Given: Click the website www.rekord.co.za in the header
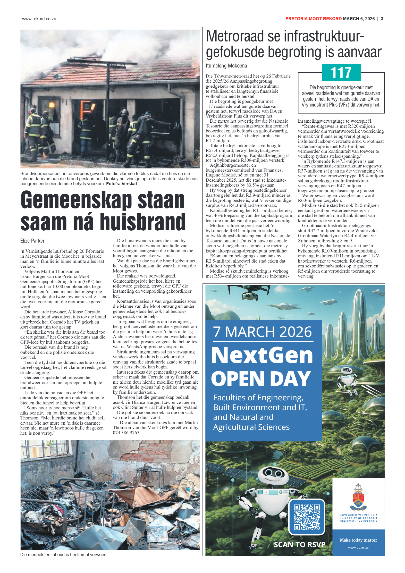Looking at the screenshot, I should coord(39,19).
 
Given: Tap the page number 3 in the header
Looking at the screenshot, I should coord(382,19).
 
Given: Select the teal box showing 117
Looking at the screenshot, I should coord(341,72).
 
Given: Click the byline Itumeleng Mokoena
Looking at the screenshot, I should coord(226,66).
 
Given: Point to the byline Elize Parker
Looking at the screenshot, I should coord(32,241).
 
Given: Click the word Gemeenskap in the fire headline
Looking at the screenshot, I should coord(77,201).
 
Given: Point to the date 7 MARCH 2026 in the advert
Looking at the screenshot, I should coord(262,332).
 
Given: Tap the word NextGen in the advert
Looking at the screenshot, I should coord(262,355).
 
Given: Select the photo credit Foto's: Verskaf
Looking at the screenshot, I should coord(122,184).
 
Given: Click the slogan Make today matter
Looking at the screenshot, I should coord(358,540).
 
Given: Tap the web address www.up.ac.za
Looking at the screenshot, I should coord(358,547).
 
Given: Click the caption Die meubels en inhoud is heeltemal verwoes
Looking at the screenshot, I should coord(64,555).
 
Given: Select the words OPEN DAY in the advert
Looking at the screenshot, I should coord(261,379).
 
